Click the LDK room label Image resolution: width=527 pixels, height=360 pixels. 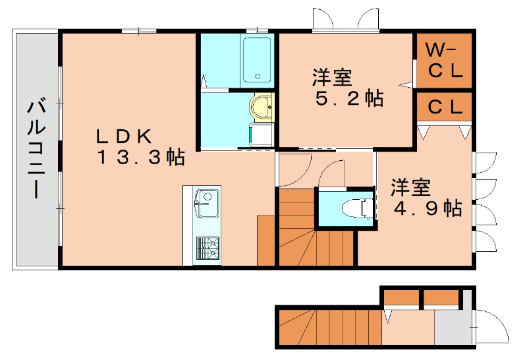click(125, 136)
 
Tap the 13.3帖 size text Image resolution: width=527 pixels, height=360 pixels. click(141, 158)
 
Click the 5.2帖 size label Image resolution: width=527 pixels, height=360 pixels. click(348, 99)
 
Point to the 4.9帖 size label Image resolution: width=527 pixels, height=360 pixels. click(427, 208)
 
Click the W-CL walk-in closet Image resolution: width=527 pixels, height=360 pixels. click(445, 61)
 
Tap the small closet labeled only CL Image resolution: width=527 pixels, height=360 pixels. click(445, 106)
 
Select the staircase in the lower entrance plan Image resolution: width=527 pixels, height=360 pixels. click(329, 326)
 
